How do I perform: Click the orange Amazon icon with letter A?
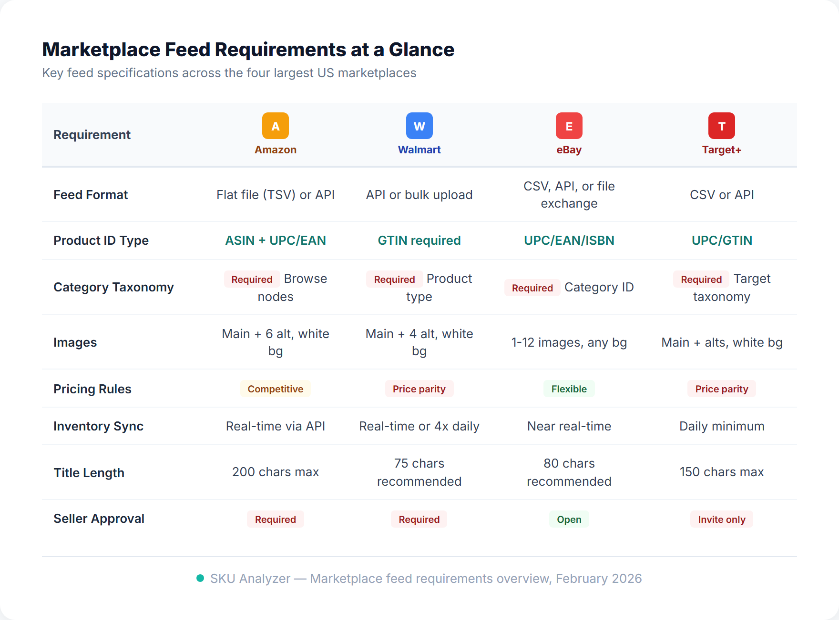[x=276, y=126]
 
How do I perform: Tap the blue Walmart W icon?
[x=419, y=126]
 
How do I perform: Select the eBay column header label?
[x=569, y=150]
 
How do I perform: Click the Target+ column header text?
[x=721, y=150]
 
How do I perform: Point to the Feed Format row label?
[x=91, y=195]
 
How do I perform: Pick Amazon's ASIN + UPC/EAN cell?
[x=276, y=240]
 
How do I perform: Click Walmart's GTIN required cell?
[x=419, y=240]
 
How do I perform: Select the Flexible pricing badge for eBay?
[x=569, y=389]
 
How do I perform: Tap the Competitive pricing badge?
[x=276, y=389]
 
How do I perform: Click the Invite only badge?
[x=721, y=520]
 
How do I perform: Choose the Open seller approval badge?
[x=569, y=520]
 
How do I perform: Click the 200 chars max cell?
[x=276, y=472]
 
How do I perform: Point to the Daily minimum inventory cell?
[x=721, y=426]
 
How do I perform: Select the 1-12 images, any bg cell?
[x=569, y=342]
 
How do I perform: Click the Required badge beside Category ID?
[x=532, y=288]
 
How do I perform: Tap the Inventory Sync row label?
[x=98, y=426]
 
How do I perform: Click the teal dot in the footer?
[x=200, y=578]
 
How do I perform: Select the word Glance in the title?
[x=421, y=50]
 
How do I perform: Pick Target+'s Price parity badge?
[x=721, y=389]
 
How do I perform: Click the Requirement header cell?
[x=92, y=135]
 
